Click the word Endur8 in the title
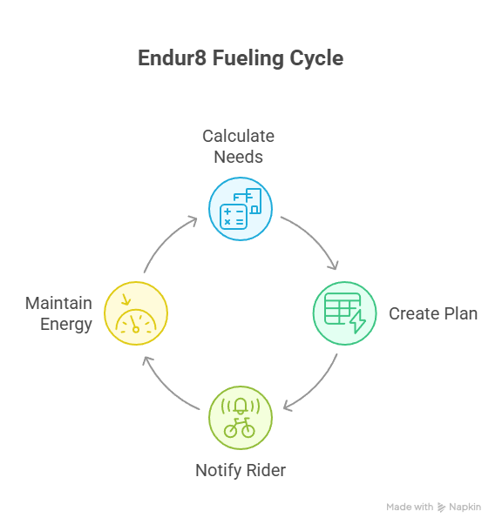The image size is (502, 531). [172, 58]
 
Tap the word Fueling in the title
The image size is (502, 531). [248, 59]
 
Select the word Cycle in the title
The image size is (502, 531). [316, 59]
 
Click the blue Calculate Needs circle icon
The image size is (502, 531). [241, 209]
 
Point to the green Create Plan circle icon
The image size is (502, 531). [344, 313]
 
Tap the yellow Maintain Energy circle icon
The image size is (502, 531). [136, 313]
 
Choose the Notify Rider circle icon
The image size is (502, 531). [241, 418]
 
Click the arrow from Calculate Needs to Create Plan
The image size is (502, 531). [315, 237]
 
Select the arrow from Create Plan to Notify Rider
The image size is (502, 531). [317, 388]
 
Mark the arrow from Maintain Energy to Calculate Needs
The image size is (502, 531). [165, 239]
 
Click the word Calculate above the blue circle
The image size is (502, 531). [238, 136]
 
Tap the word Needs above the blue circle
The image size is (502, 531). [238, 158]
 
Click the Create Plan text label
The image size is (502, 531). [433, 313]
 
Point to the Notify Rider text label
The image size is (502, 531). [241, 470]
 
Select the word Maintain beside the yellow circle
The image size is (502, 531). [58, 303]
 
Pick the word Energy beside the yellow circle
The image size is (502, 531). [66, 325]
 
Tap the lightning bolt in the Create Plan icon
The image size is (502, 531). [357, 321]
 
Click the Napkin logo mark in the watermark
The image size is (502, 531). [441, 507]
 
